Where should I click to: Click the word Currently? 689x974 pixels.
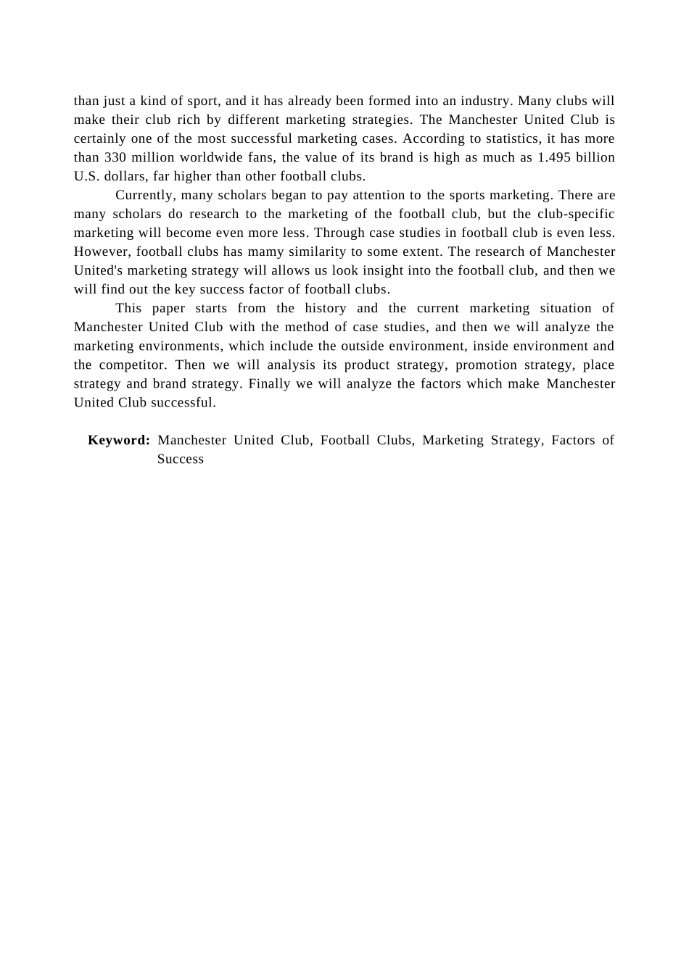coord(145,196)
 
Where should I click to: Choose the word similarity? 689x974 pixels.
coord(319,252)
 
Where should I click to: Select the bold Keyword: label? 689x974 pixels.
coord(119,441)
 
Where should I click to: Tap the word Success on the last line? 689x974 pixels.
coord(181,459)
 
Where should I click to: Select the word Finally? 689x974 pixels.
coord(269,384)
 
